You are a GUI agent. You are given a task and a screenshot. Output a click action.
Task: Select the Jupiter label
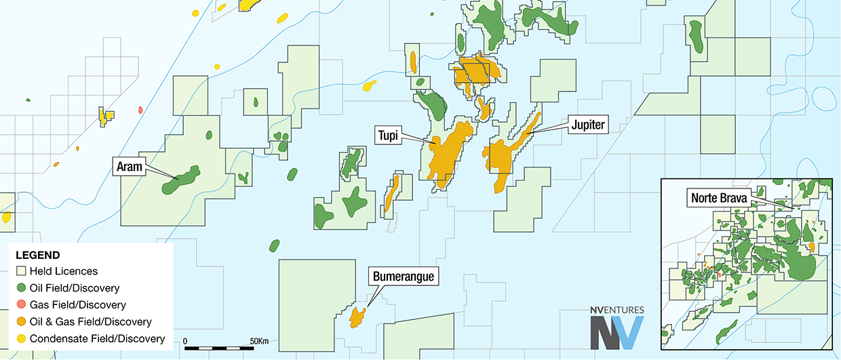click(x=587, y=124)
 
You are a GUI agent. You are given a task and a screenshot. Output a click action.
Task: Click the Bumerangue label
click(x=401, y=277)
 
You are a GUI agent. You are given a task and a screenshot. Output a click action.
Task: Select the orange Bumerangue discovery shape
click(x=357, y=316)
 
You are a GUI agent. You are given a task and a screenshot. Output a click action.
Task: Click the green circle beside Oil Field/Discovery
click(x=22, y=288)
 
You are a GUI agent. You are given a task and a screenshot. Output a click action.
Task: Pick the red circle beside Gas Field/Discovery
click(x=22, y=305)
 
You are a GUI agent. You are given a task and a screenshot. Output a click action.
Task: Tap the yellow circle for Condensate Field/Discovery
click(x=22, y=338)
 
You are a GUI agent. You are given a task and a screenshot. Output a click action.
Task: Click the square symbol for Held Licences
click(x=22, y=271)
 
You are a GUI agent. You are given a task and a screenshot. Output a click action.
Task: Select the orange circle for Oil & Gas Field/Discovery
click(x=22, y=321)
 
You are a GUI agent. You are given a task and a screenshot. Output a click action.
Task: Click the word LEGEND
click(x=38, y=256)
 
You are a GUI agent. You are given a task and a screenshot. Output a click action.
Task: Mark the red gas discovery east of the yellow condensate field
click(x=140, y=109)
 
